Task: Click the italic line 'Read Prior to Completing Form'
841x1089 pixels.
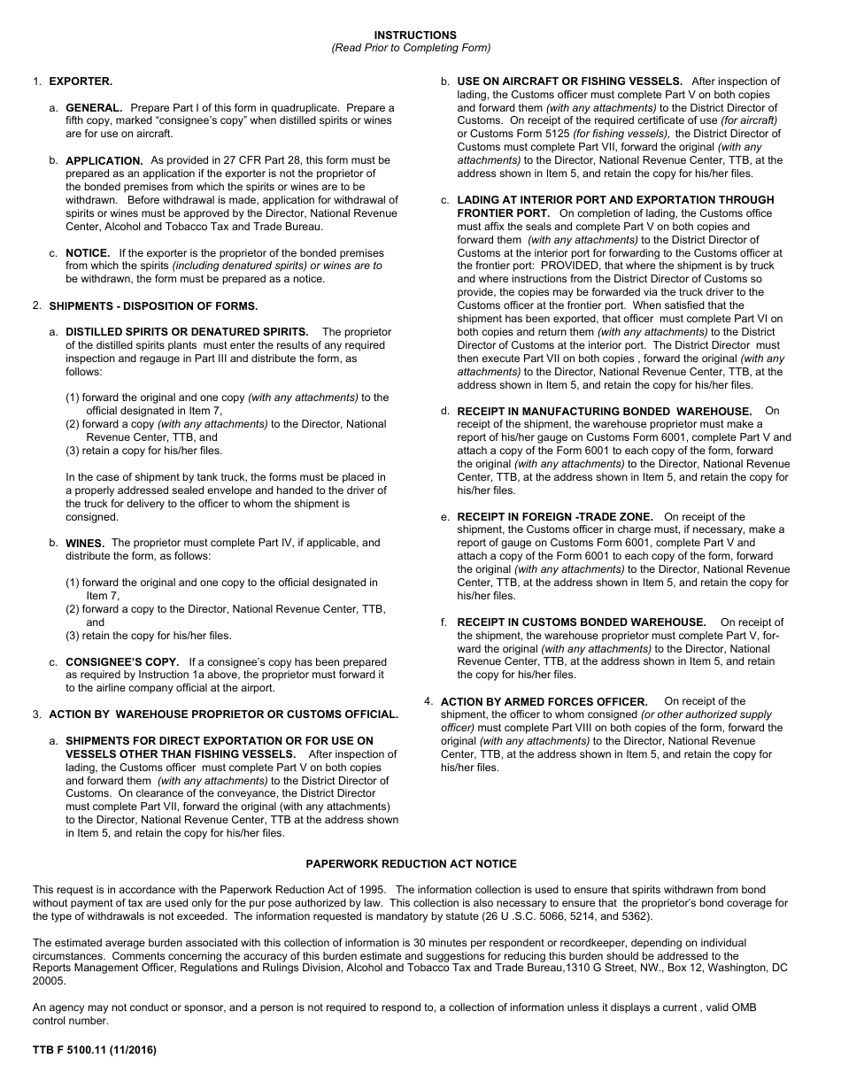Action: coord(411,48)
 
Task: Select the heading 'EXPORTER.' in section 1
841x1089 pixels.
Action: coord(81,81)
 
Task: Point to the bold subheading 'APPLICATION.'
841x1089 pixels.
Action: coord(104,161)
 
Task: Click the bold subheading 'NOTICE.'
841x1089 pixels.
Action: coord(88,253)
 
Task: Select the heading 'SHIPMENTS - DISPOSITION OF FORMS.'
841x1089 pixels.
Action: coord(153,306)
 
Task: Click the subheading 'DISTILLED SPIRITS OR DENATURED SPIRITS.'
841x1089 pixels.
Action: coord(187,333)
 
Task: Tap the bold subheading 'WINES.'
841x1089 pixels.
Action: coord(85,544)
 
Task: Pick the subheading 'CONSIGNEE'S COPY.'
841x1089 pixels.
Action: coord(122,662)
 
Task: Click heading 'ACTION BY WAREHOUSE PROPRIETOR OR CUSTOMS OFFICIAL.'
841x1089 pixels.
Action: coord(223,714)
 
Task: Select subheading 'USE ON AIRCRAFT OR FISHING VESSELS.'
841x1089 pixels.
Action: coord(569,81)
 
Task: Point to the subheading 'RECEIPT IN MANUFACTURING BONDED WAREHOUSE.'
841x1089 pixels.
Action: coord(604,412)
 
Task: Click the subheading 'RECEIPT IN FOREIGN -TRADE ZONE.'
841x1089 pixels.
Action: coord(554,517)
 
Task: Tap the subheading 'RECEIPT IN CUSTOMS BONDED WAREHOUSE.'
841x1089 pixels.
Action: coord(581,623)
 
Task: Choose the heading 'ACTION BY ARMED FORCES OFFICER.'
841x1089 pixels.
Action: coord(544,702)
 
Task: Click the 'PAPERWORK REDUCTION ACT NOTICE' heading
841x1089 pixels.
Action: coord(411,864)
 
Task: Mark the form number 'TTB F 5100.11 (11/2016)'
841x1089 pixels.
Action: coord(94,1051)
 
